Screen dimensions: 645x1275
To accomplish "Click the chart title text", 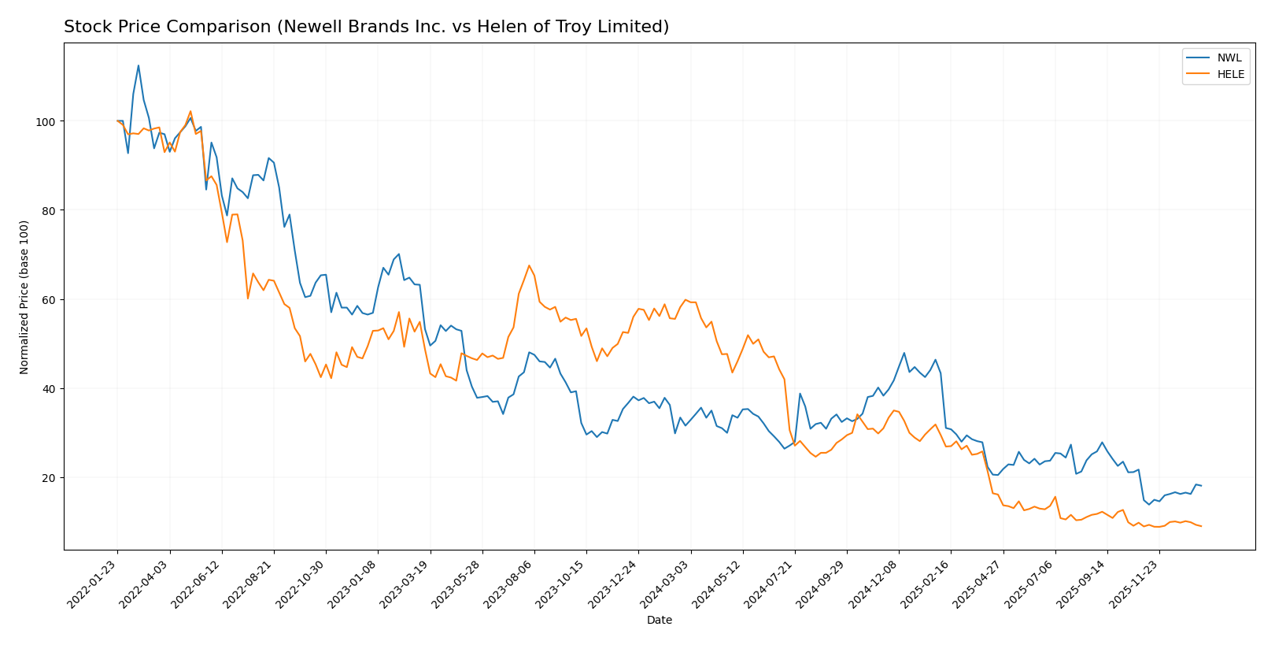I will (x=366, y=27).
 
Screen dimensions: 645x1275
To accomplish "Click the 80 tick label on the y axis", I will (x=50, y=210).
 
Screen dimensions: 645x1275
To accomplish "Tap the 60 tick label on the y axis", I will (x=50, y=299).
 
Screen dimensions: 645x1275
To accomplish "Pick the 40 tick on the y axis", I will (x=50, y=388).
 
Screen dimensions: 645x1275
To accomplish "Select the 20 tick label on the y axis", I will (x=50, y=477).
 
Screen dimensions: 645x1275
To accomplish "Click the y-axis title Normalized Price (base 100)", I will (x=24, y=297).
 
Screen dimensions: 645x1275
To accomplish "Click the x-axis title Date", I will (x=659, y=621).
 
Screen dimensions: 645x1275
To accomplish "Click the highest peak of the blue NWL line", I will (x=139, y=65).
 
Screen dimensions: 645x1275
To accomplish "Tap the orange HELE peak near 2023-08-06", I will (x=529, y=265).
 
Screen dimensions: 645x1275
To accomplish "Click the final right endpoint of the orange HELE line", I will (x=1201, y=526).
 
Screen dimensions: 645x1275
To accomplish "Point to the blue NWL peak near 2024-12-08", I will (x=904, y=353).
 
